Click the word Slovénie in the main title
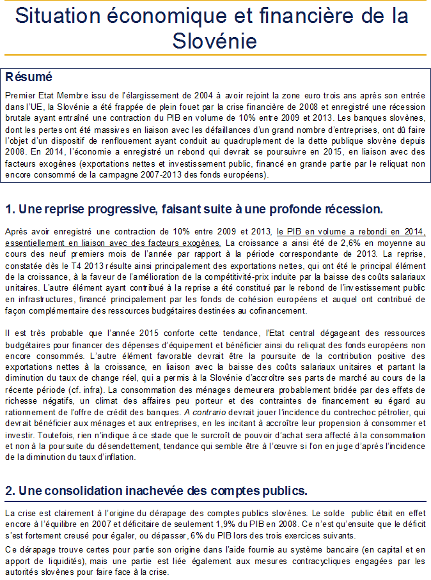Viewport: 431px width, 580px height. click(215, 41)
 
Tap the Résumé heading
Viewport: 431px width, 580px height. click(29, 77)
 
